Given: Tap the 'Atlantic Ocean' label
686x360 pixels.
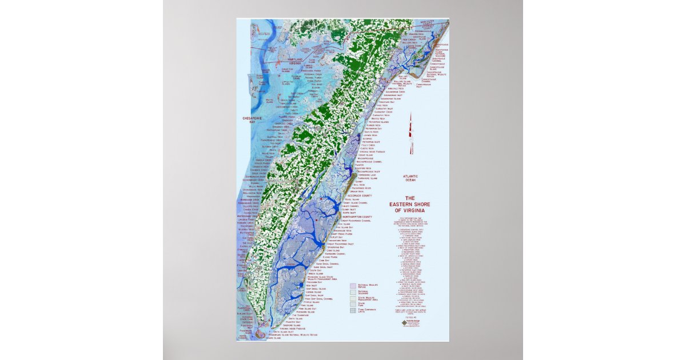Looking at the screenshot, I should coord(410,178).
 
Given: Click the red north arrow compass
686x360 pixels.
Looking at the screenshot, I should coord(410,133).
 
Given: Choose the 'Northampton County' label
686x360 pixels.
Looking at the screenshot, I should coord(357,217).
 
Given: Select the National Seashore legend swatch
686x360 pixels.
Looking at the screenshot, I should coord(353,291).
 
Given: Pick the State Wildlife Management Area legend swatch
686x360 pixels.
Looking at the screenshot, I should coord(353,298).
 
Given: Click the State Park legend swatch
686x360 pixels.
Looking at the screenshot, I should coord(353,305).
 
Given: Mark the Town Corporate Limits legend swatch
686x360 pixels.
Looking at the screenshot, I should coord(353,311).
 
